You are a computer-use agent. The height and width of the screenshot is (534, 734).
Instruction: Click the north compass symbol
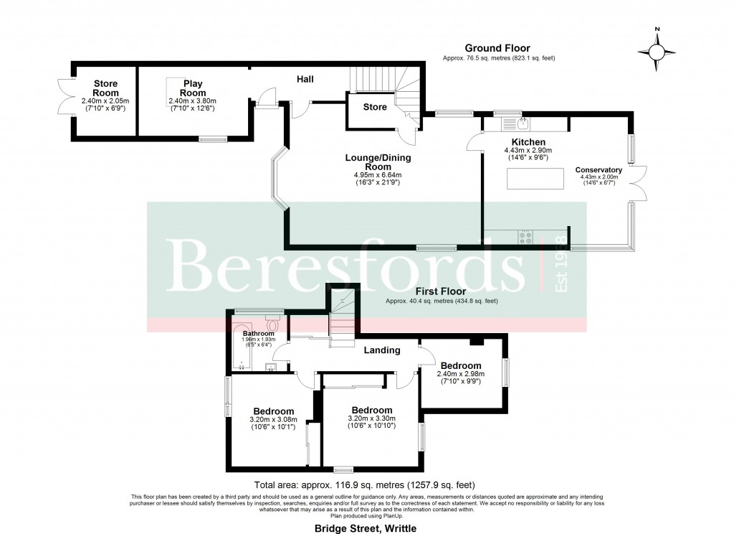(x=657, y=51)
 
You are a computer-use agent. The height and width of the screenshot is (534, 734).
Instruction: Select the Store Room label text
(x=105, y=88)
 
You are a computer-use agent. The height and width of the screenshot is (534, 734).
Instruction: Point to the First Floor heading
(x=441, y=291)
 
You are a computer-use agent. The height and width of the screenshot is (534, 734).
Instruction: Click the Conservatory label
(x=599, y=170)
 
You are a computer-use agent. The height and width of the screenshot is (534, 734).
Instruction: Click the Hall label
(x=305, y=79)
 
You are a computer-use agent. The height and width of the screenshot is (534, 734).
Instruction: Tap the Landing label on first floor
(x=381, y=350)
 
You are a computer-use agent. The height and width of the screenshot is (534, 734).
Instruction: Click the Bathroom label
(x=257, y=334)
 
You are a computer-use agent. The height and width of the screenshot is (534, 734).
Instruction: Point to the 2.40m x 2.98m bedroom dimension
(x=461, y=374)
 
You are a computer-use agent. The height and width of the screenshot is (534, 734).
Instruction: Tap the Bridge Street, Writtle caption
(x=365, y=528)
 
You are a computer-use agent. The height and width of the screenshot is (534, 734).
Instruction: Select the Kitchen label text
(x=528, y=142)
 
